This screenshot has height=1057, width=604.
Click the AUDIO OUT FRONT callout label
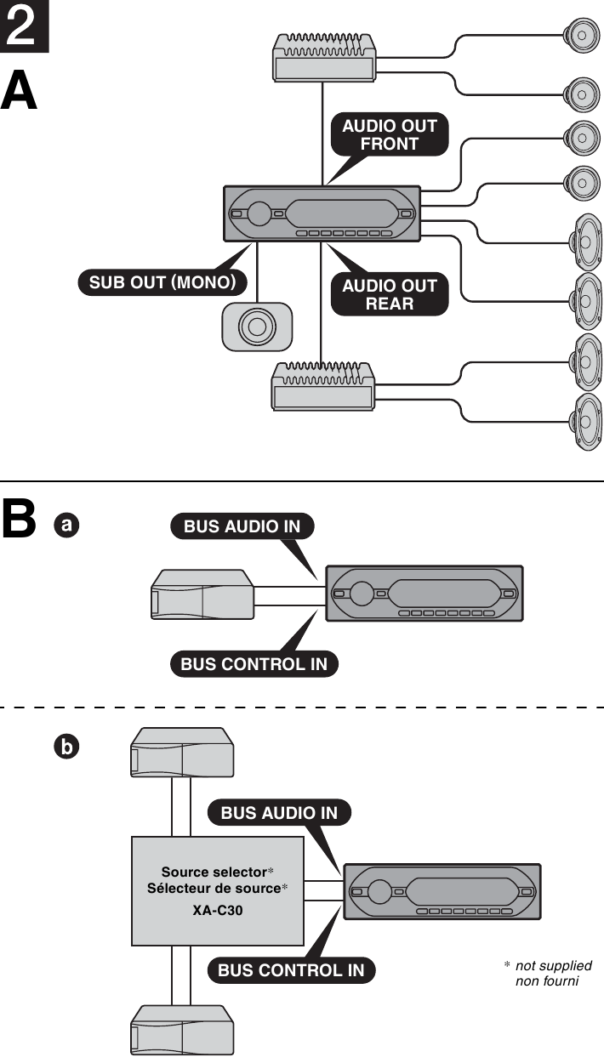(x=389, y=134)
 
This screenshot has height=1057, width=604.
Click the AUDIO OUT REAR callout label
(x=389, y=294)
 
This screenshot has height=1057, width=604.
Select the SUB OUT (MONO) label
(x=162, y=282)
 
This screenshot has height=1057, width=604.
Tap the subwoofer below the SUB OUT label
(x=256, y=326)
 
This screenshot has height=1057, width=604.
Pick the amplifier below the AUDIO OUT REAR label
(x=322, y=386)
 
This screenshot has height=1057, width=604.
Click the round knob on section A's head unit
(x=259, y=213)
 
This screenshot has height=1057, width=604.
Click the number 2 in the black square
(x=24, y=26)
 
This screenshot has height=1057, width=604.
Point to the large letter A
(x=20, y=91)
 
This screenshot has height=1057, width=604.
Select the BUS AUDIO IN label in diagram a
(x=242, y=526)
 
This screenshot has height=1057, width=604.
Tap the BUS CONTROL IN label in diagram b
(x=291, y=970)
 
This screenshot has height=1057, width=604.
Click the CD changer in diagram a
(x=202, y=595)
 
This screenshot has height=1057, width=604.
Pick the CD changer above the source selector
(x=182, y=752)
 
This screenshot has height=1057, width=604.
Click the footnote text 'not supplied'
(x=553, y=965)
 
